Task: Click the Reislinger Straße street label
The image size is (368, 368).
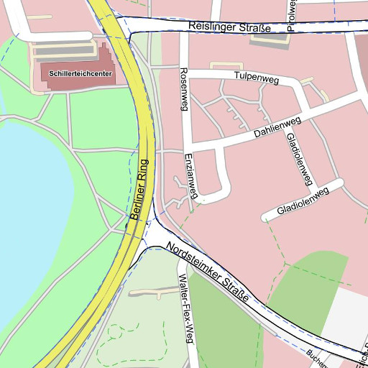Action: click(x=229, y=27)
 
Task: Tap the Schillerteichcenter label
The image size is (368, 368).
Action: click(x=80, y=73)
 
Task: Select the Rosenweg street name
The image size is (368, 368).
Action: click(x=183, y=90)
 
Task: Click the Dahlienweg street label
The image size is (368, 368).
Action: click(x=276, y=128)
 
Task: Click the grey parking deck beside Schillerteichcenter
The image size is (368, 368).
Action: click(x=63, y=50)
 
